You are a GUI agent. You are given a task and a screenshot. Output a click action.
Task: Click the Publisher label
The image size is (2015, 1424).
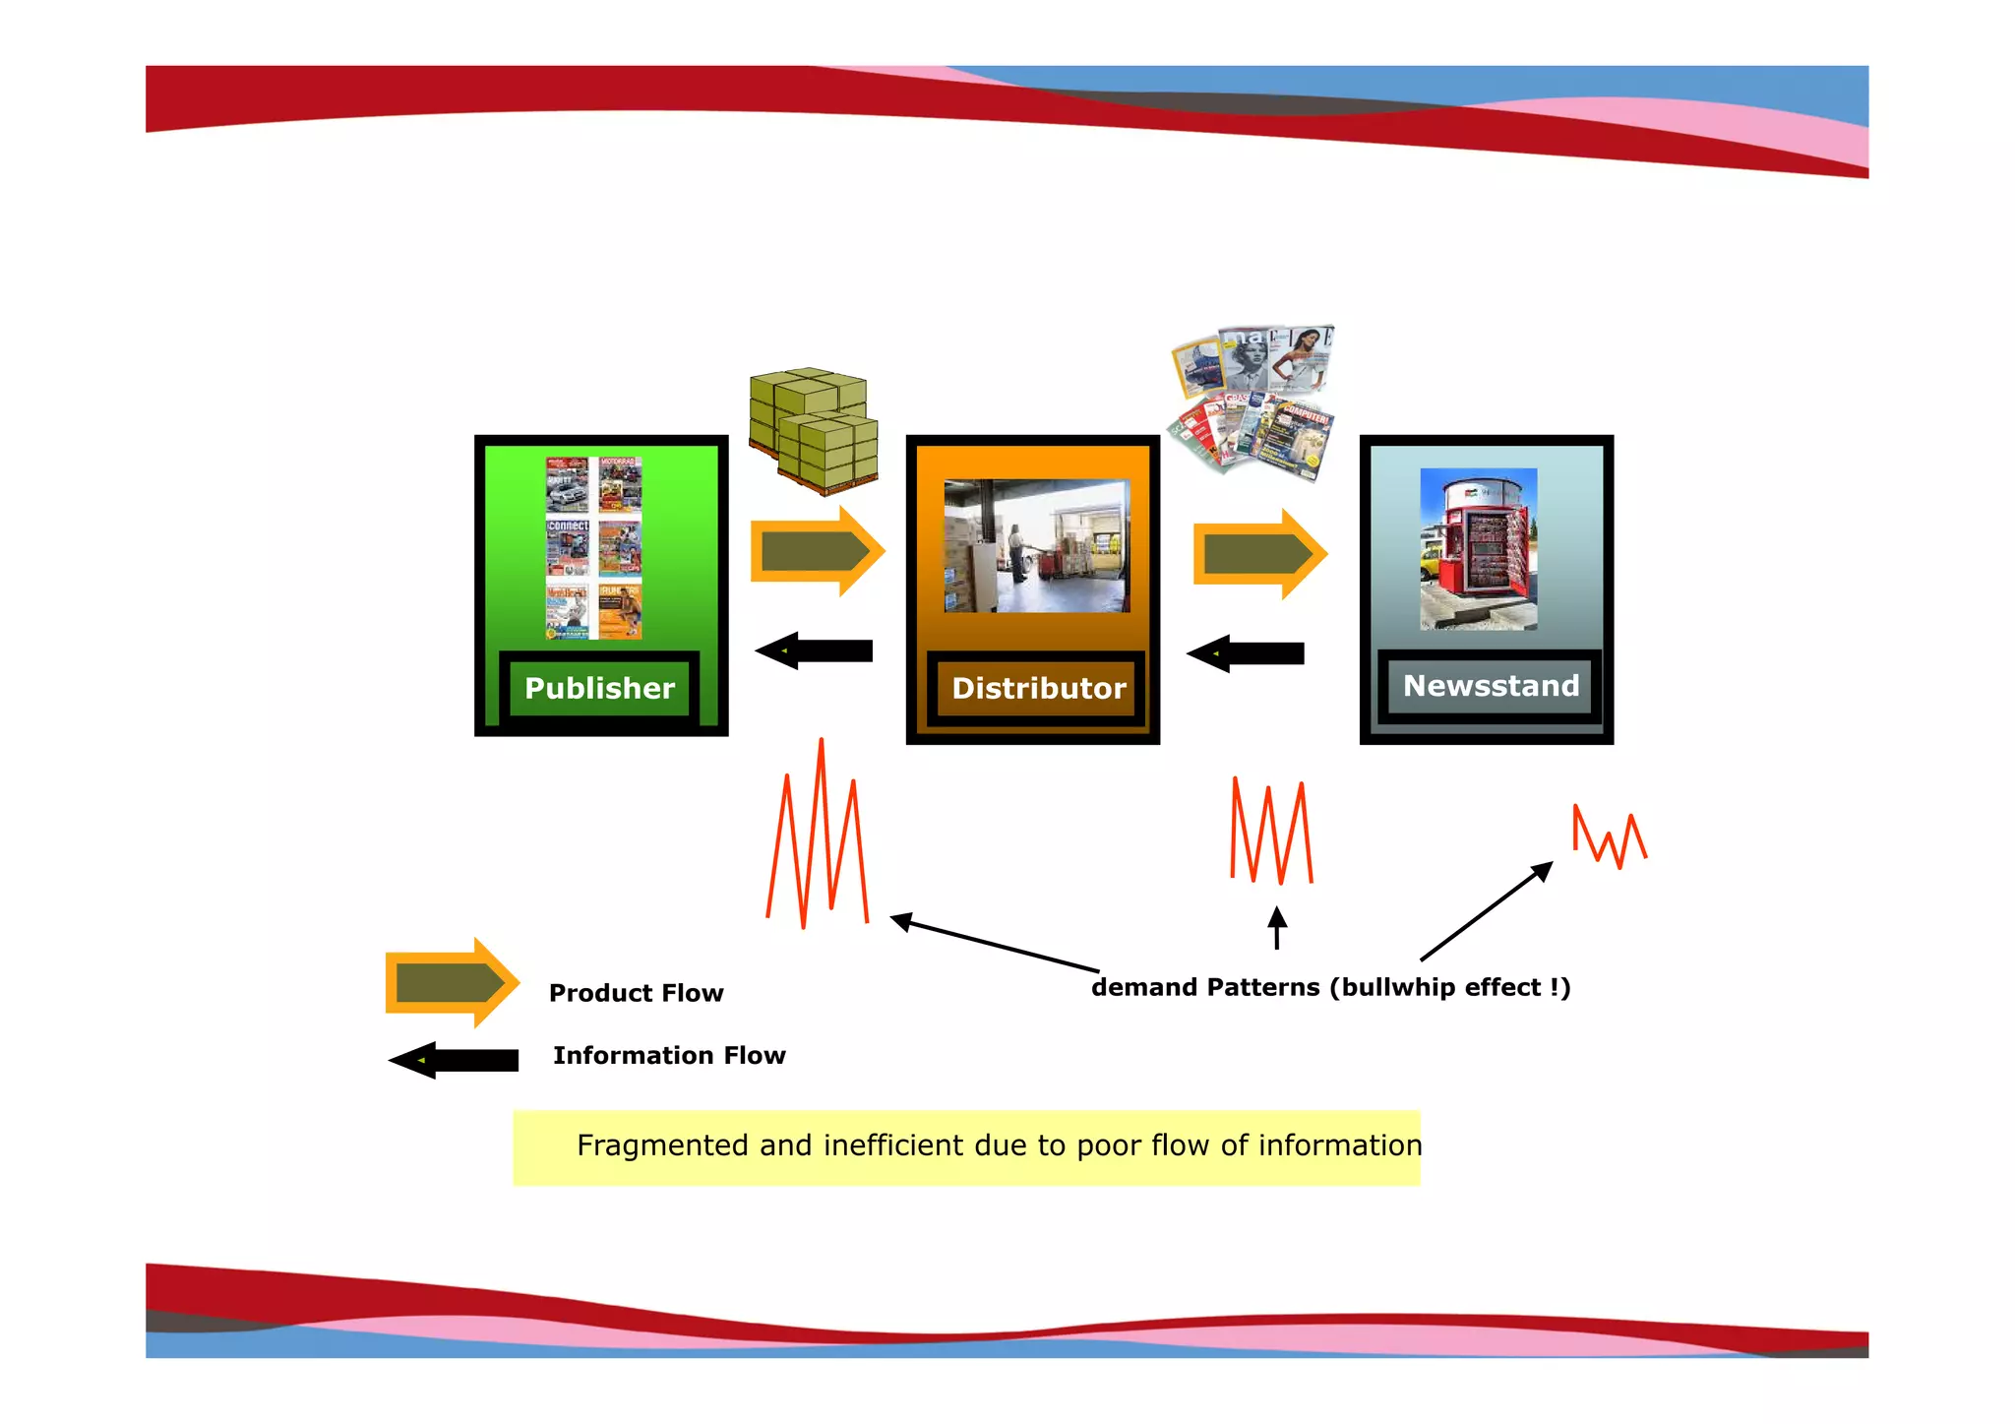point(599,688)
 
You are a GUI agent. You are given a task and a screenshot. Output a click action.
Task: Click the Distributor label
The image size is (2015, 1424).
point(1038,688)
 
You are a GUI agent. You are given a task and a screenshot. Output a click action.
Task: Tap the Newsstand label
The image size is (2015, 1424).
point(1490,685)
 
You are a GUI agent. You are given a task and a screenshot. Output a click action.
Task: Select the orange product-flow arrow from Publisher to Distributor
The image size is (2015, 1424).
point(817,551)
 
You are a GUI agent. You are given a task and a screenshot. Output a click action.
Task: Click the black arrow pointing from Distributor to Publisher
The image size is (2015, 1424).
point(815,650)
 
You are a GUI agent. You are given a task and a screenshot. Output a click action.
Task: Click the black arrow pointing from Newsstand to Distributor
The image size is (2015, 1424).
point(1246,653)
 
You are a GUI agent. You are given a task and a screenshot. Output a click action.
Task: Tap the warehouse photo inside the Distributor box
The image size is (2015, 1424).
point(1036,546)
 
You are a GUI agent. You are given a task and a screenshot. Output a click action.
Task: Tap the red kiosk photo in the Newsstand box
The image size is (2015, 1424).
point(1478,549)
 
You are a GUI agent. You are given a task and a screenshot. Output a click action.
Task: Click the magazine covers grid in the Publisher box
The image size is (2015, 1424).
point(594,547)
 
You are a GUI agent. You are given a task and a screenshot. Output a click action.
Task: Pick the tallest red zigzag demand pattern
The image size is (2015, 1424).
point(818,836)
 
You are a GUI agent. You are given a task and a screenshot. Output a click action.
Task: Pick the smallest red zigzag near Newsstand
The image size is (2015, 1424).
point(1609,837)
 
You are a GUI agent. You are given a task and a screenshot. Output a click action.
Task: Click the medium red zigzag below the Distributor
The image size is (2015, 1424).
point(1271,832)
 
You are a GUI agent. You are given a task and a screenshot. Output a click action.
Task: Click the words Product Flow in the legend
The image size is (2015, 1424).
point(636,993)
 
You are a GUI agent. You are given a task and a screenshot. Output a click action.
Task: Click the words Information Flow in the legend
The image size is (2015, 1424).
point(669,1055)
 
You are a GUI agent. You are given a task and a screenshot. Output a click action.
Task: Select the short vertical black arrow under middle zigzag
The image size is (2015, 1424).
point(1277,928)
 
